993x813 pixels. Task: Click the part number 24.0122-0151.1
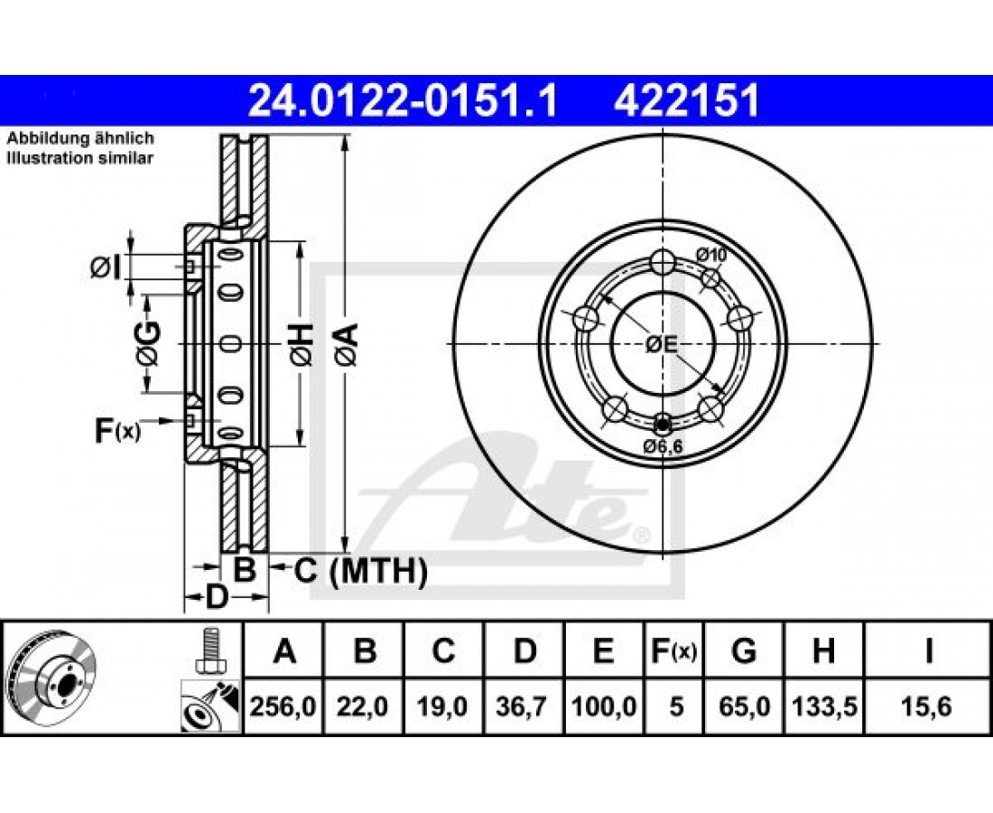point(403,101)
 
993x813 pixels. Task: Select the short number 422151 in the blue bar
point(686,101)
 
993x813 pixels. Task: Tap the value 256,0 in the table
point(283,706)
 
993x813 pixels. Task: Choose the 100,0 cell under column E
point(604,706)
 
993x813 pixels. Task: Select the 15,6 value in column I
point(928,706)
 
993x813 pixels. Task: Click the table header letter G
point(744,650)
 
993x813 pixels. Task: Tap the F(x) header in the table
point(673,650)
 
